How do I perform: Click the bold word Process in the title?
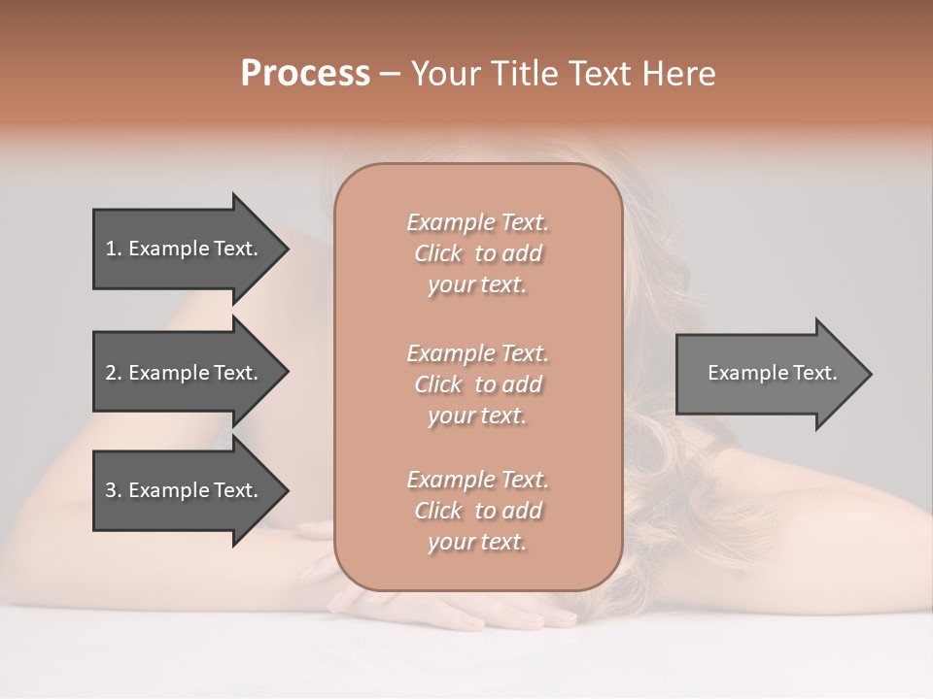305,73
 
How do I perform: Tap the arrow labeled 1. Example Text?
185,249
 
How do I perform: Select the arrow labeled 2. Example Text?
185,373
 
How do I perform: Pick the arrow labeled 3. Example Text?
185,490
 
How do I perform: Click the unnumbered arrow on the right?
768,373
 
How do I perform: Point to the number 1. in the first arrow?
114,249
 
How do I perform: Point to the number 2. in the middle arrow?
114,373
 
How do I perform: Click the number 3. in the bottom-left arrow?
114,490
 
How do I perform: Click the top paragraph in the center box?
477,253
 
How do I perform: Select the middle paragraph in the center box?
477,384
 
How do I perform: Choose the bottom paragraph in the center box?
477,511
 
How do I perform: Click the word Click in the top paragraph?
438,253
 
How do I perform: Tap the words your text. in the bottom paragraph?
477,543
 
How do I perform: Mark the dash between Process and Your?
391,74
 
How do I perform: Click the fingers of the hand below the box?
525,616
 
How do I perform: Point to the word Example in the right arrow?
743,373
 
